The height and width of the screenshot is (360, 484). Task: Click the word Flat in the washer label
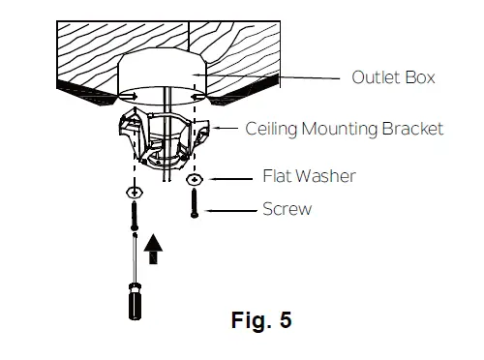tap(278, 177)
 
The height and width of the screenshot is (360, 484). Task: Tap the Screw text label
tap(287, 209)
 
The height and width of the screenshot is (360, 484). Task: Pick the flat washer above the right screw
tap(197, 180)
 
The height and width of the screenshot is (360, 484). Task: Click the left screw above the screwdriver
tap(134, 215)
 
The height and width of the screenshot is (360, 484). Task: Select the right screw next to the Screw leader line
tap(197, 202)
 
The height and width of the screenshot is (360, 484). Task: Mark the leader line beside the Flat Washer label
tap(231, 178)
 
